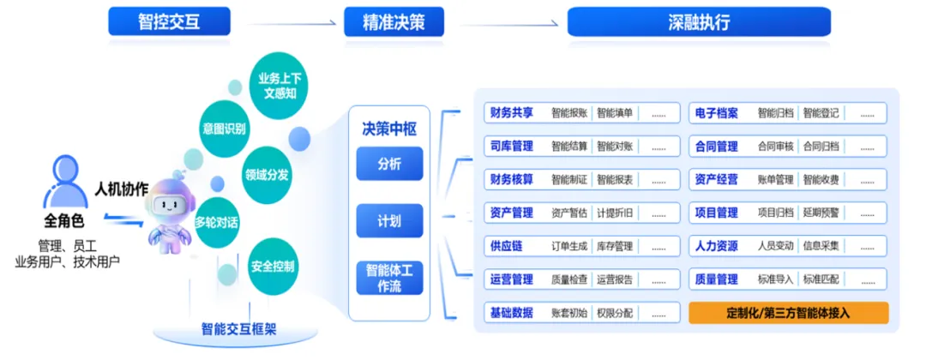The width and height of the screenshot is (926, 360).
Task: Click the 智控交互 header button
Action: (169, 21)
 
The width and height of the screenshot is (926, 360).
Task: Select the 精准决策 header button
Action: (394, 21)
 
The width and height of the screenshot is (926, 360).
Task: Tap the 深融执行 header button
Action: (699, 21)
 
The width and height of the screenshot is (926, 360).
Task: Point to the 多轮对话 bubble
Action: (216, 223)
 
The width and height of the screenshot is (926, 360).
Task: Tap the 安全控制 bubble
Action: (274, 266)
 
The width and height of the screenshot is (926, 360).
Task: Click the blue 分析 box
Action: (389, 164)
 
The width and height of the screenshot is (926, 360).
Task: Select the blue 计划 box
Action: (389, 220)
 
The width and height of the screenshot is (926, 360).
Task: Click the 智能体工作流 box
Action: (389, 278)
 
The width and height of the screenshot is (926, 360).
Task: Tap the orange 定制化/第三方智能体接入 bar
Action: (788, 313)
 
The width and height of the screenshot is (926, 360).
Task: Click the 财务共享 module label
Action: (512, 113)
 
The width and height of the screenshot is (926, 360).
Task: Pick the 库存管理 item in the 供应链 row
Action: (615, 246)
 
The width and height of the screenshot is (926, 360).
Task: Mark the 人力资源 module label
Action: (717, 246)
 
